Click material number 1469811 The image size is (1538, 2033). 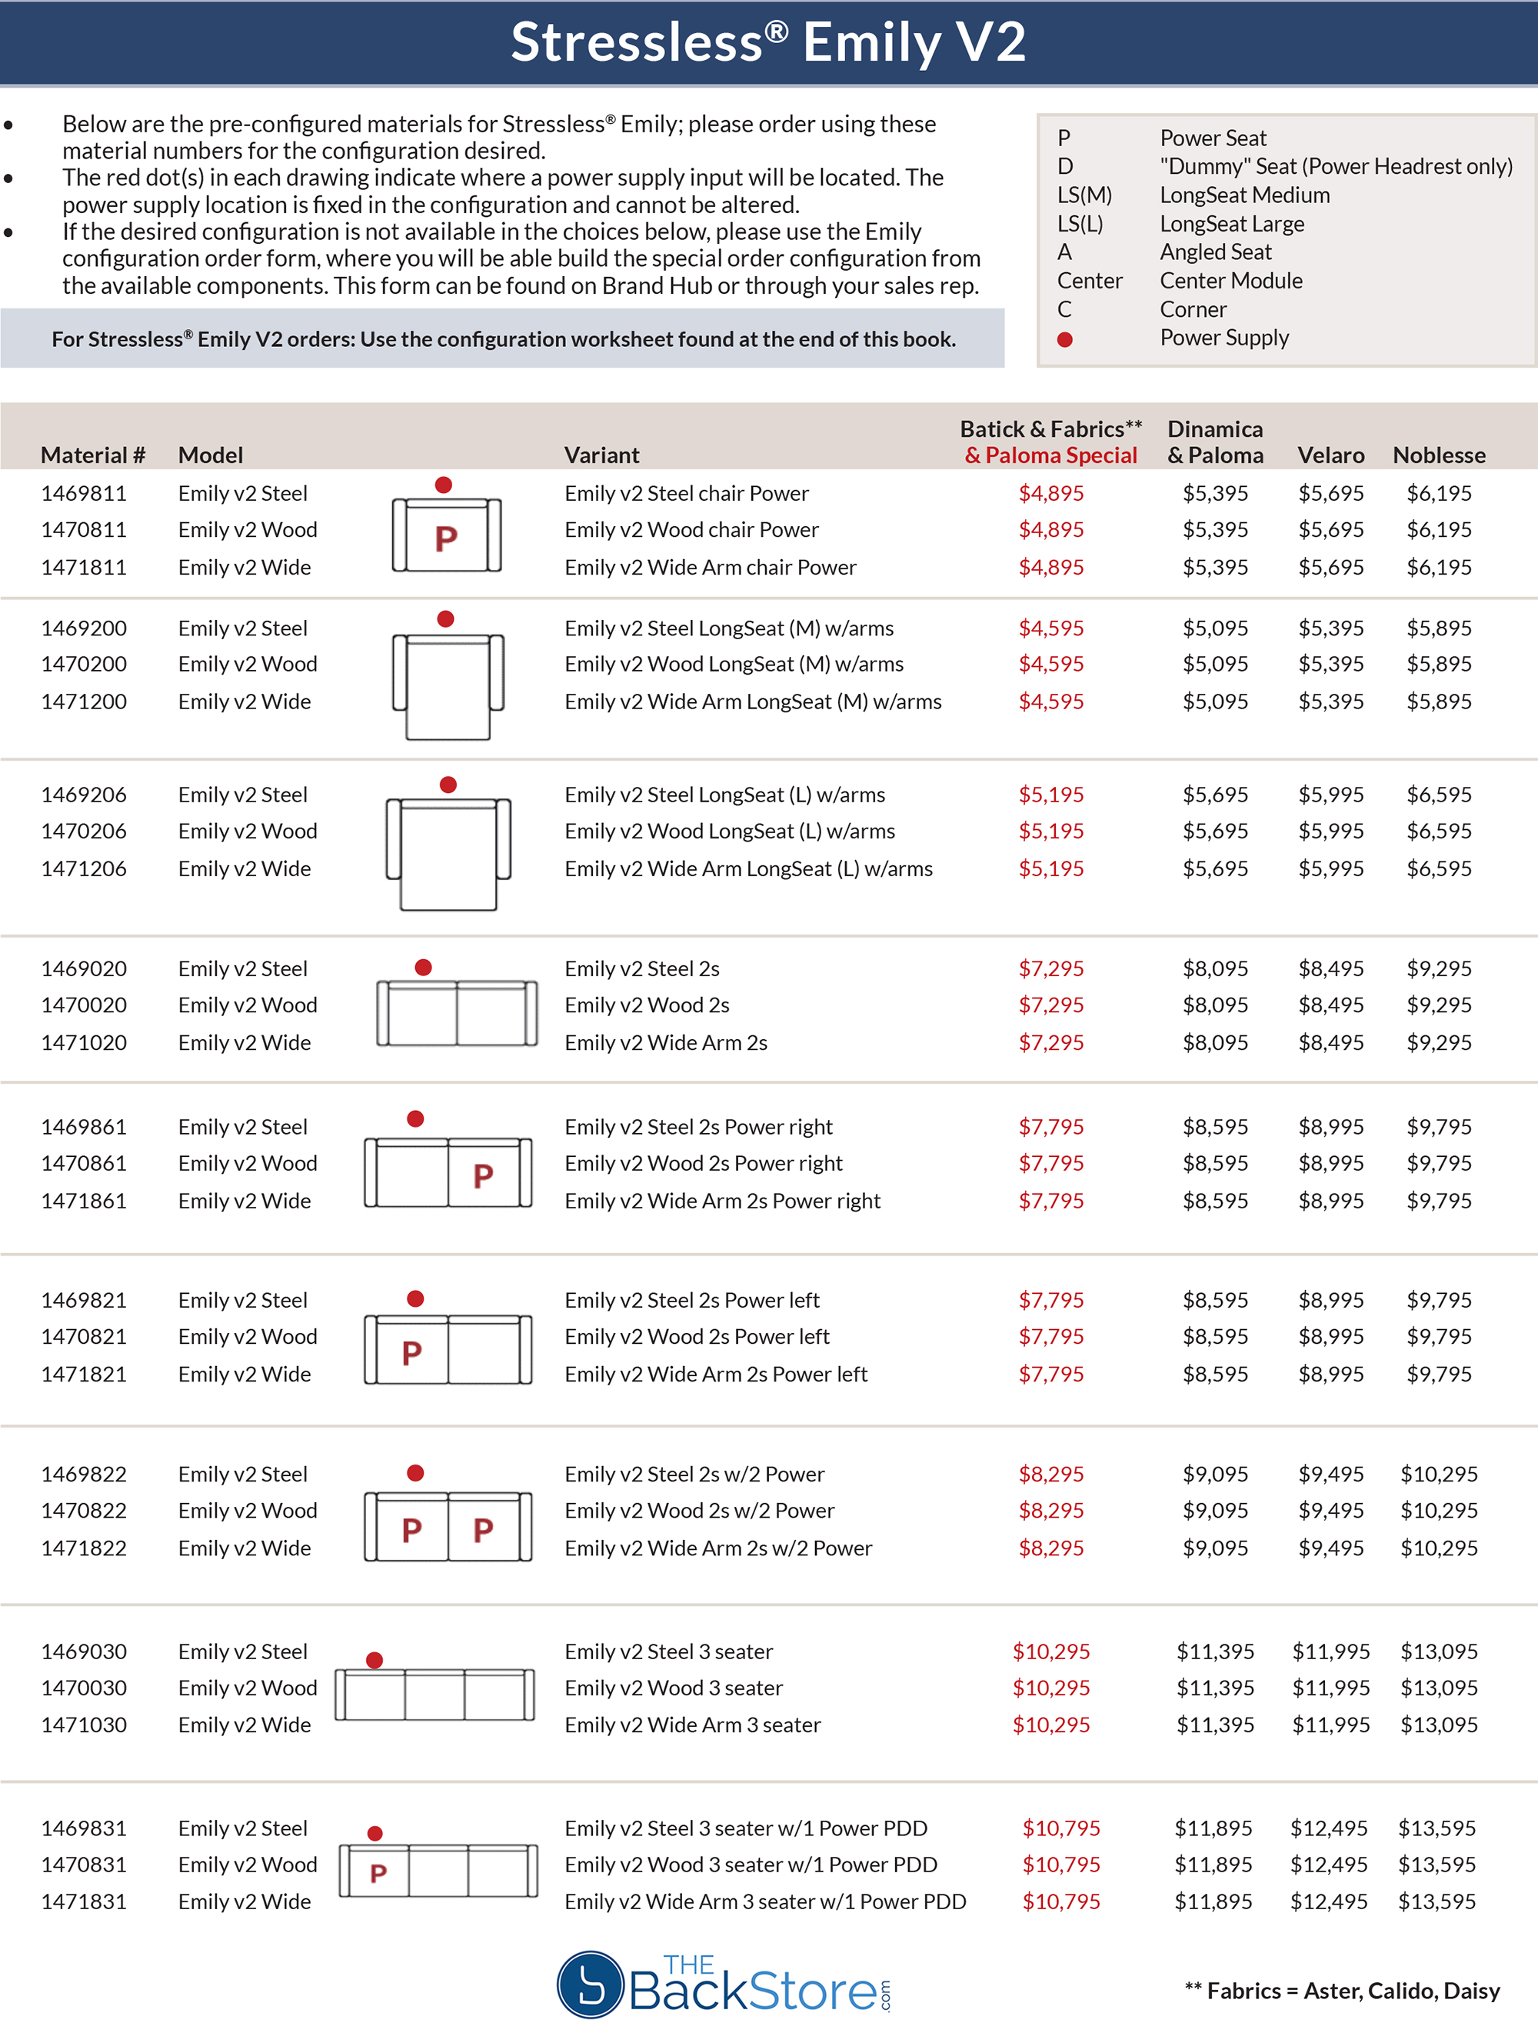pos(84,494)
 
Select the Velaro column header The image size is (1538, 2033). pos(1330,455)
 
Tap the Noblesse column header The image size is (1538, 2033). pos(1439,455)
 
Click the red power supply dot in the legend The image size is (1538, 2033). pos(1065,339)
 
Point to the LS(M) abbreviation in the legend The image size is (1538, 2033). pos(1084,195)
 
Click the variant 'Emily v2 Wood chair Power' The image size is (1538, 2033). pos(691,529)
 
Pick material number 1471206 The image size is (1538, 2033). pos(84,868)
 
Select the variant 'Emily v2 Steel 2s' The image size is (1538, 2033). pos(641,968)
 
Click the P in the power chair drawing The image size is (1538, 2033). pos(447,538)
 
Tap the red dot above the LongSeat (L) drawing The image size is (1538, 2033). pos(448,784)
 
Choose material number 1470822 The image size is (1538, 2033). pos(84,1510)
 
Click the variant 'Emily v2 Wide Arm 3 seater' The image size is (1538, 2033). pos(692,1725)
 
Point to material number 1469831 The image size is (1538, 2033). pos(84,1828)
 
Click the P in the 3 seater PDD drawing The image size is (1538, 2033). pos(378,1873)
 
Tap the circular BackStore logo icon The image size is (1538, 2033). pos(591,1985)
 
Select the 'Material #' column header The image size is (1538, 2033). pos(93,455)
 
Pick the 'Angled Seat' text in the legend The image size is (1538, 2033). pos(1216,252)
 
